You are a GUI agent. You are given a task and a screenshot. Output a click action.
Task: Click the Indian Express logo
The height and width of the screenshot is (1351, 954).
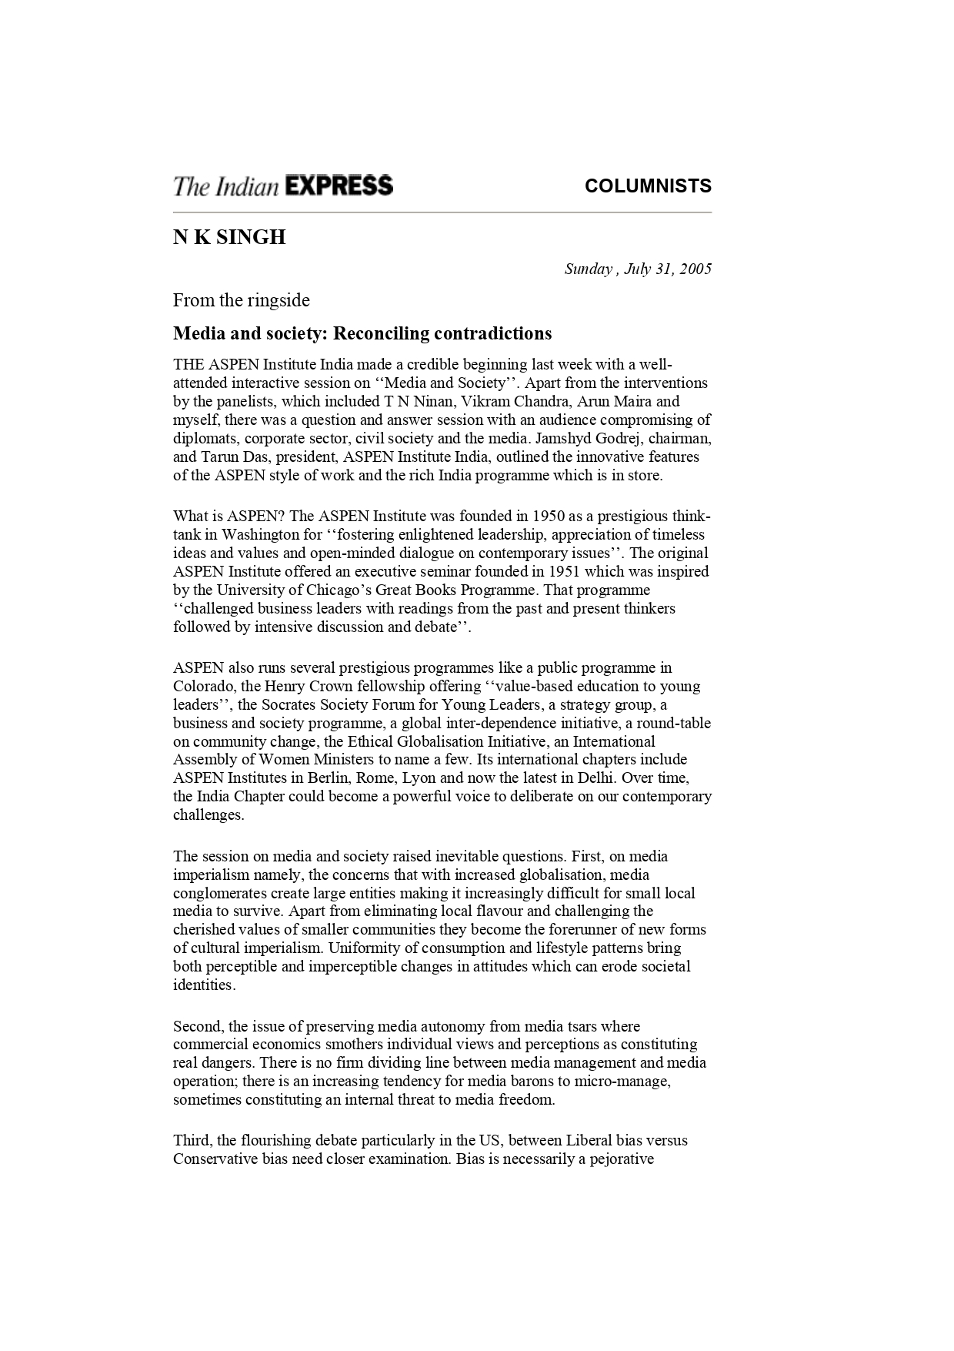click(282, 186)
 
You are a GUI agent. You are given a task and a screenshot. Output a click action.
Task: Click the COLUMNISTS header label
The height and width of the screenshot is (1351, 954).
click(648, 186)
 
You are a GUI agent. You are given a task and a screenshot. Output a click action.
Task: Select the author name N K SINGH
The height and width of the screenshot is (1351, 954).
click(229, 237)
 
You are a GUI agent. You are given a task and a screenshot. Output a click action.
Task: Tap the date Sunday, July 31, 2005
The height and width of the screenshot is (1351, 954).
click(638, 269)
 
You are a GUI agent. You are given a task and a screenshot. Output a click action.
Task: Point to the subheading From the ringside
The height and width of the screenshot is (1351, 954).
click(241, 300)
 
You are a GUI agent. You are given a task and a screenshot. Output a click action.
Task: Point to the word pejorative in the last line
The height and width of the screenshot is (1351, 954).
click(622, 1159)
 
